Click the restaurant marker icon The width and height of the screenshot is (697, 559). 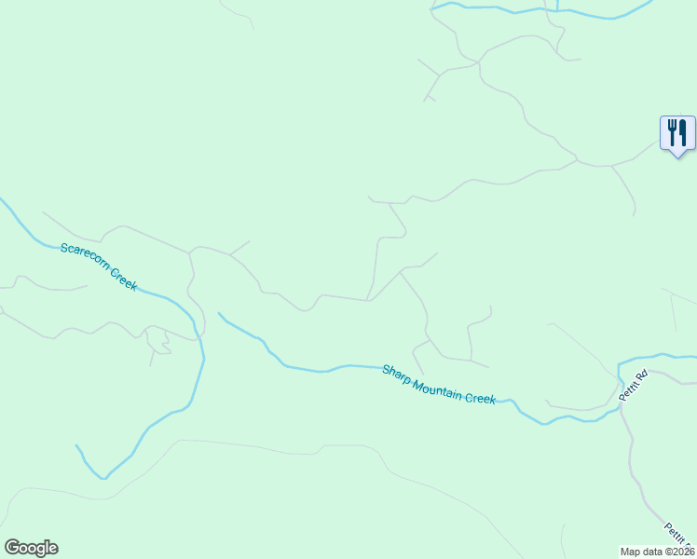(x=677, y=132)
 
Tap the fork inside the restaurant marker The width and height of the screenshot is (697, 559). (x=672, y=131)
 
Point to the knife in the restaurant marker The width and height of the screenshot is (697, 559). (x=683, y=131)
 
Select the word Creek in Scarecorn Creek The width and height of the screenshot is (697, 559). (x=125, y=279)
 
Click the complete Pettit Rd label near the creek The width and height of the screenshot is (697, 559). (x=634, y=387)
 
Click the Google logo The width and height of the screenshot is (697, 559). (x=31, y=548)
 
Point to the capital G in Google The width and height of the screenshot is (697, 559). (x=12, y=547)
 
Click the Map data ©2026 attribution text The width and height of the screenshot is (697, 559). (x=658, y=551)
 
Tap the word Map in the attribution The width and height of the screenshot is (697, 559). (x=631, y=551)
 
